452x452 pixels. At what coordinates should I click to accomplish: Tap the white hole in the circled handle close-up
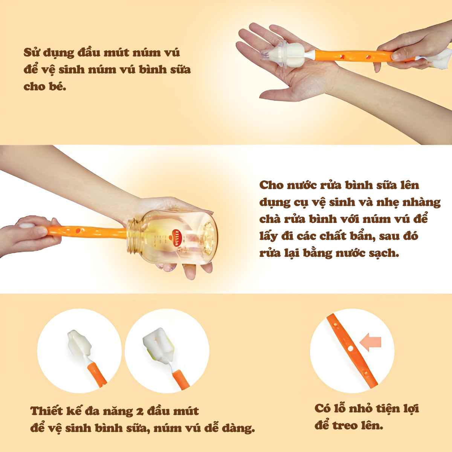pyautogui.click(x=350, y=355)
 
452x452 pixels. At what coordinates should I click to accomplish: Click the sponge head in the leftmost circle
pyautogui.click(x=79, y=345)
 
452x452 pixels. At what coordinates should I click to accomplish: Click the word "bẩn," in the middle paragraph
pyautogui.click(x=360, y=236)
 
